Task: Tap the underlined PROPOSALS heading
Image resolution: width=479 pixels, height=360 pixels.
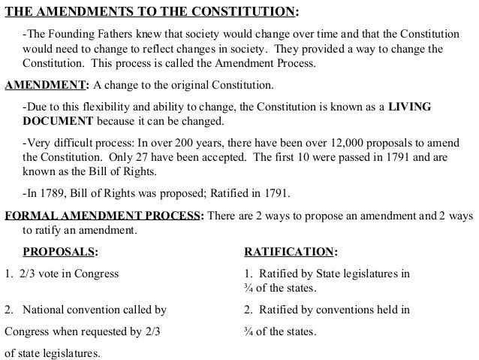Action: (x=59, y=250)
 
